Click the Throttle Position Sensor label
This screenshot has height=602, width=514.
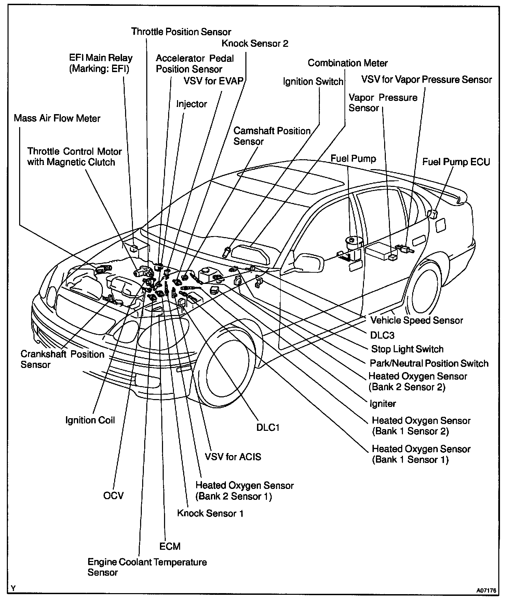181,32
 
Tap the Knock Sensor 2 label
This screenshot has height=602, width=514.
255,44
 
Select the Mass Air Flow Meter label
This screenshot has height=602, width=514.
57,119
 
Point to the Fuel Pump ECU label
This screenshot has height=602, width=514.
456,162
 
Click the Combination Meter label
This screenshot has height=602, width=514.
348,63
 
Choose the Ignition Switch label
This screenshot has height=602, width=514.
313,82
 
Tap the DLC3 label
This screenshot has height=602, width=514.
382,335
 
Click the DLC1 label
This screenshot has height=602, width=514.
268,427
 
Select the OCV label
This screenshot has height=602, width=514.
113,495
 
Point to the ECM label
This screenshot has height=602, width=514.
170,546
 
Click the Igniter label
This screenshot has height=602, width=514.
383,404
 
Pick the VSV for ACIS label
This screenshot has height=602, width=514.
233,457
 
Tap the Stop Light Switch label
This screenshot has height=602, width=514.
407,349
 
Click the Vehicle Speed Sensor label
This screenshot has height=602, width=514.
417,320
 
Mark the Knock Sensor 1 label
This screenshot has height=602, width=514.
210,513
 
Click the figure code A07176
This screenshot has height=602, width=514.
486,590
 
